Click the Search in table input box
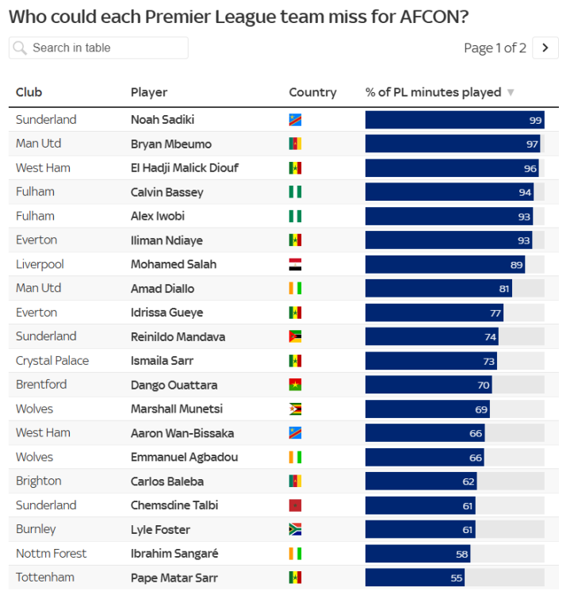click(x=99, y=48)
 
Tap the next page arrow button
click(x=545, y=48)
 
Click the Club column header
click(x=29, y=92)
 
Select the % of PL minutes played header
click(x=434, y=92)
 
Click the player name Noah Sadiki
click(x=163, y=120)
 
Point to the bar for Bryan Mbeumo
click(x=452, y=144)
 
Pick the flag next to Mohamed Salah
click(x=295, y=264)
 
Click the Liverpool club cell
click(x=40, y=264)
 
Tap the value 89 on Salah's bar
click(x=517, y=264)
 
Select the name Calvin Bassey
click(x=166, y=192)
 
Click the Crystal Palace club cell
click(x=52, y=360)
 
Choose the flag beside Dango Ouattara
click(x=295, y=385)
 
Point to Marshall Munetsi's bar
click(x=427, y=409)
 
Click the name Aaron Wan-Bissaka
click(x=182, y=432)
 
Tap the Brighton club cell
click(x=38, y=481)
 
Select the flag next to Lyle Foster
click(x=295, y=529)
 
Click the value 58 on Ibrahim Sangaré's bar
click(x=461, y=553)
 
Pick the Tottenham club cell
click(x=44, y=577)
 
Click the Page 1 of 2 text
click(x=495, y=48)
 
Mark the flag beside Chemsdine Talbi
click(x=295, y=505)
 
